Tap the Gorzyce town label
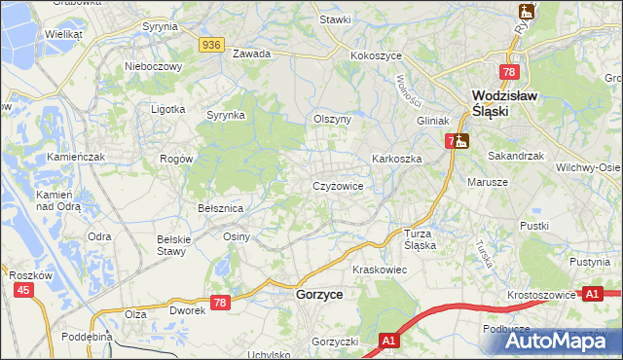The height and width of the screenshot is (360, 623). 318,293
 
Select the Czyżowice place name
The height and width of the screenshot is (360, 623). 338,185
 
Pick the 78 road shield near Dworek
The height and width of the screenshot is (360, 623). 221,304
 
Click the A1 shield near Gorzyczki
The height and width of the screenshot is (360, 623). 388,341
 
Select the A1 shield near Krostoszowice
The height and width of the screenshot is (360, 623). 592,292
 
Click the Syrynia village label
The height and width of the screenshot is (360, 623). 160,27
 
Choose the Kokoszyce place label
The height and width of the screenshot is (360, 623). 377,55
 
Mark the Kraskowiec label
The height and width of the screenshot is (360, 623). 378,269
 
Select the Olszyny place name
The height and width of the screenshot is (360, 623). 331,119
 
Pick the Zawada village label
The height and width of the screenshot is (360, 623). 251,54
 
